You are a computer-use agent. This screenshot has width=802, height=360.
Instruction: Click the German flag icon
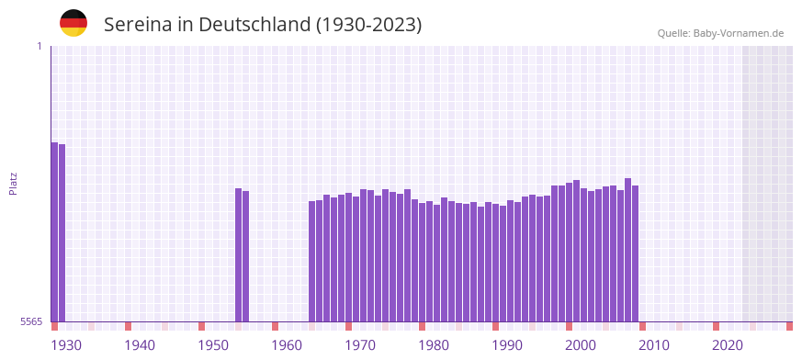point(73,23)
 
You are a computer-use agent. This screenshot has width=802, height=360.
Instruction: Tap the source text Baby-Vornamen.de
point(739,33)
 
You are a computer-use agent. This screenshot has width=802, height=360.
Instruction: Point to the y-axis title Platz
point(13,183)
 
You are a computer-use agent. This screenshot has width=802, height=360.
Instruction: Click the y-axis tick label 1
point(39,46)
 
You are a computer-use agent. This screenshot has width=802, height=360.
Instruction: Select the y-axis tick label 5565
point(31,321)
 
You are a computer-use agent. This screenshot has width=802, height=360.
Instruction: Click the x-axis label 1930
point(66,345)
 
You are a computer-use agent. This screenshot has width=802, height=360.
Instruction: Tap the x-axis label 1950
point(213,345)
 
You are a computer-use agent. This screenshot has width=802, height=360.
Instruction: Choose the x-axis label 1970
point(360,345)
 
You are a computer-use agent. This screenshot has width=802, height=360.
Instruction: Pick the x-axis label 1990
point(507,345)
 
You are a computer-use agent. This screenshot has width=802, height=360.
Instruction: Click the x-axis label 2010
point(654,345)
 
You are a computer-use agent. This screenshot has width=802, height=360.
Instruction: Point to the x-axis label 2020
point(728,345)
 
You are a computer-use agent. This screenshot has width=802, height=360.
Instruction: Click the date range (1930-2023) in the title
point(368,25)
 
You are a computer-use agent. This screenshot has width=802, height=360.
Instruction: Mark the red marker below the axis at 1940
point(129,326)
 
